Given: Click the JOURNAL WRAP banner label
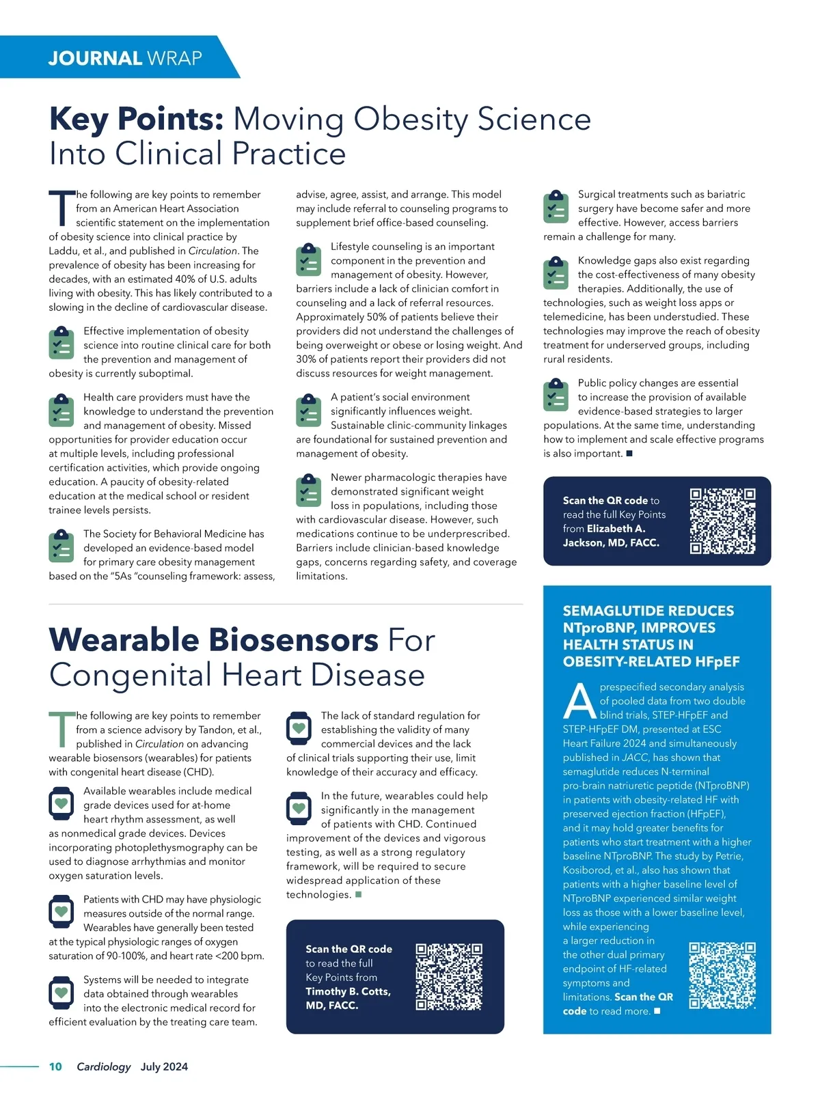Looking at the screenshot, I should click(x=125, y=58).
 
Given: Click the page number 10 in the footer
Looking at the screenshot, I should click(x=55, y=1066).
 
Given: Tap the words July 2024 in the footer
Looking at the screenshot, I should click(x=164, y=1066).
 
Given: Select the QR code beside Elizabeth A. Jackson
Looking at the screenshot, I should click(x=722, y=521).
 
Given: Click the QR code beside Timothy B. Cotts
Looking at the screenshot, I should click(x=449, y=977).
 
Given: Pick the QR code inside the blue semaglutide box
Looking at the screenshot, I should click(x=722, y=976).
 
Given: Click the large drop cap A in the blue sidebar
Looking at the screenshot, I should click(x=579, y=702).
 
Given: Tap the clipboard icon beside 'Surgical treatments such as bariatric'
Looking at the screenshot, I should click(x=556, y=207).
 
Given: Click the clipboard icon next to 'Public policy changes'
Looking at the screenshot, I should click(x=556, y=396).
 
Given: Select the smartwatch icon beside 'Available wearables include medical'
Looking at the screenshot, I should click(x=61, y=804).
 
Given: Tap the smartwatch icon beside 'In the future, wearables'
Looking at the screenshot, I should click(x=299, y=809).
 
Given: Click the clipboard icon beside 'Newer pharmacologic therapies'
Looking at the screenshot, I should click(x=308, y=490).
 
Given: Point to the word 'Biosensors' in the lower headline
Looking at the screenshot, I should click(x=293, y=640).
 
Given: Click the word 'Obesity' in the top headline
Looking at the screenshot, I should click(x=410, y=120).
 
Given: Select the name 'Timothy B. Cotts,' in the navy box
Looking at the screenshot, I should click(x=348, y=991).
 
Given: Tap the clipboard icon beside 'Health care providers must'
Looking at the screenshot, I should click(x=61, y=410).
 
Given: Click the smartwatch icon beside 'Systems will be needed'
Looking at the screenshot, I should click(x=61, y=993).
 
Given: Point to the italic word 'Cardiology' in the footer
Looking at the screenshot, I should click(x=103, y=1066).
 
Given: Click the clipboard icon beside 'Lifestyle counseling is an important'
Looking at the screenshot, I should click(x=308, y=260).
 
